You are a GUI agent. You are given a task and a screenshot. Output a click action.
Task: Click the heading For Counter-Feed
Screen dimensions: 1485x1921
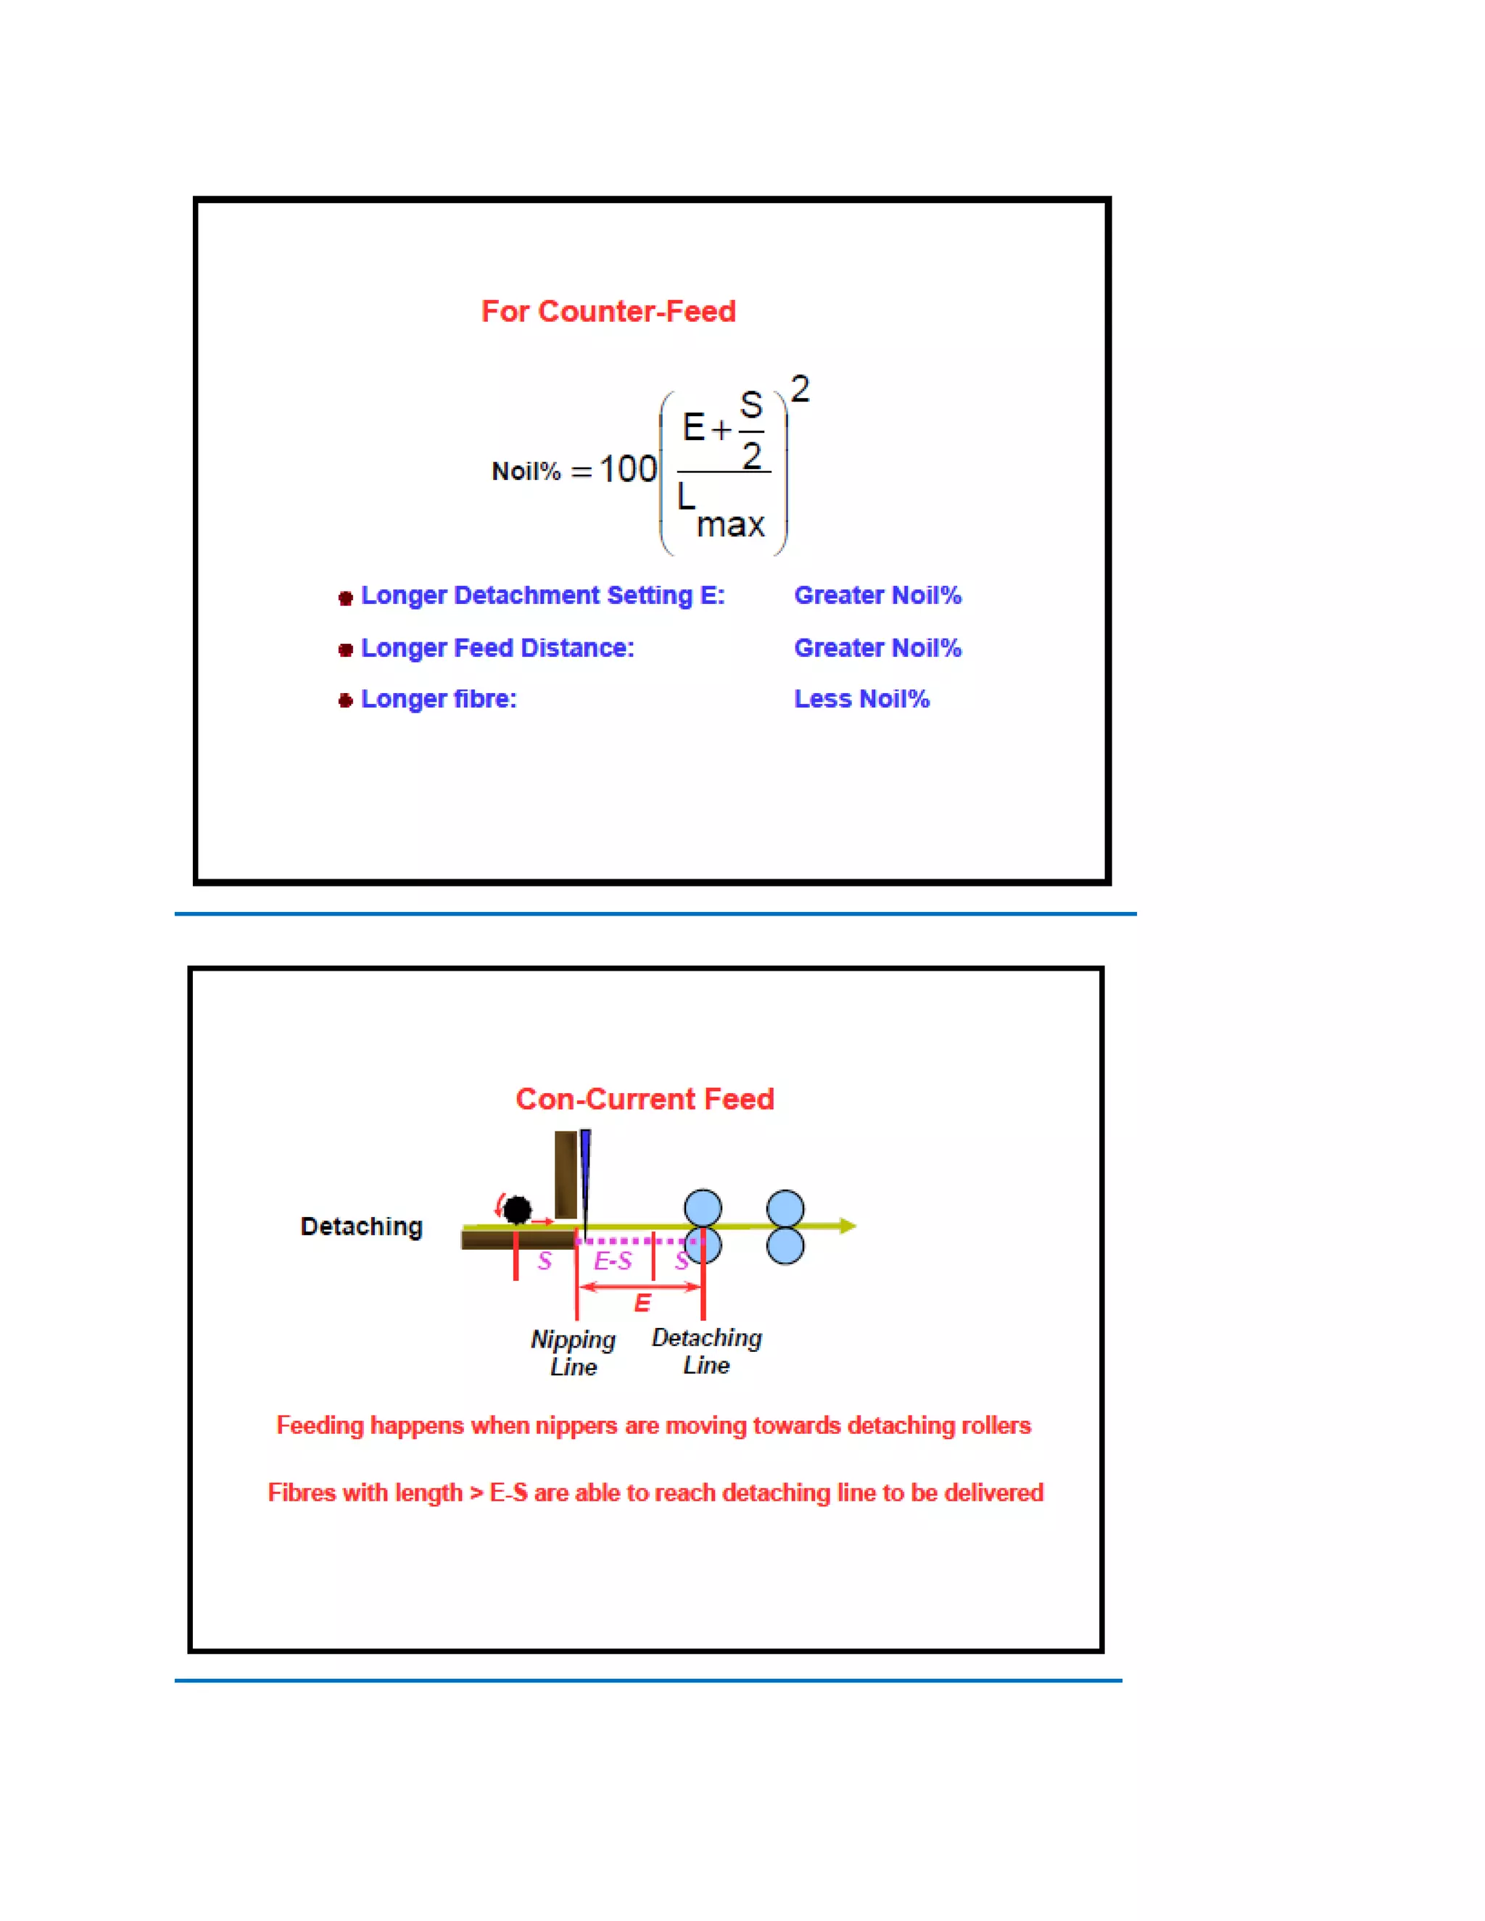[x=608, y=312]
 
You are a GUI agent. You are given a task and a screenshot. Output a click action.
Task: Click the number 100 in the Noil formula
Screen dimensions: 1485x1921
[x=628, y=469]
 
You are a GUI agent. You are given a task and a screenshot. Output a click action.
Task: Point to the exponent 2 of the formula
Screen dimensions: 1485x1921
[x=800, y=389]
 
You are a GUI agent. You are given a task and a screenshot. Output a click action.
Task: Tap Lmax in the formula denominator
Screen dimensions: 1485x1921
[x=721, y=512]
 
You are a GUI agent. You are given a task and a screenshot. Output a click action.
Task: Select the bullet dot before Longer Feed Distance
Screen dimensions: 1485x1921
[x=346, y=650]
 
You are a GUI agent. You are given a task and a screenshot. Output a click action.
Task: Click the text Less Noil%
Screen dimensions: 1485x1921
[x=861, y=700]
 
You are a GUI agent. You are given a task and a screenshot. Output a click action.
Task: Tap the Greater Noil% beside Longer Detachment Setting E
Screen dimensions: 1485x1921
[x=877, y=595]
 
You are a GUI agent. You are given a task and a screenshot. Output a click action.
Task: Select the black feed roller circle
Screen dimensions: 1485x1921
[x=517, y=1211]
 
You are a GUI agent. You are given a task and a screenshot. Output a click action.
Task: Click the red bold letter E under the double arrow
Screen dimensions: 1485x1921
[x=642, y=1303]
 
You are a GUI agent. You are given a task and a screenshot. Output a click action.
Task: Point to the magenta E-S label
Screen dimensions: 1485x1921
[x=612, y=1261]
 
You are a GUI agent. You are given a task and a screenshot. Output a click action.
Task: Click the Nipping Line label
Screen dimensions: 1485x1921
[x=574, y=1353]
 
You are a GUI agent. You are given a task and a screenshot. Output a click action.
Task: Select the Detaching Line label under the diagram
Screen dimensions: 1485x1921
[x=706, y=1351]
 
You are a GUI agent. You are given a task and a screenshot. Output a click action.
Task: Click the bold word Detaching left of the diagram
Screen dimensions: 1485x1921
[x=362, y=1226]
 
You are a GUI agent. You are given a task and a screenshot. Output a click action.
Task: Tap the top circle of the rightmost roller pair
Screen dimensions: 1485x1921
[x=785, y=1208]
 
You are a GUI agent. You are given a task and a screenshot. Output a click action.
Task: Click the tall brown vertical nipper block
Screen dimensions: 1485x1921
[x=566, y=1175]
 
